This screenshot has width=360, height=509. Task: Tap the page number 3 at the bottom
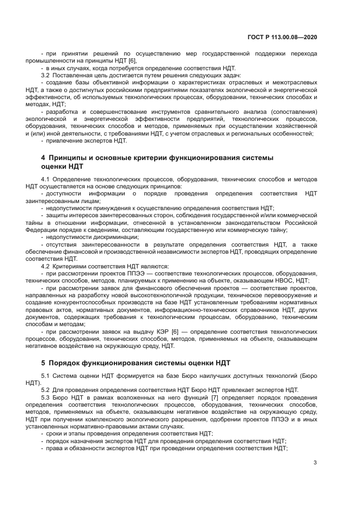tap(315, 463)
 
